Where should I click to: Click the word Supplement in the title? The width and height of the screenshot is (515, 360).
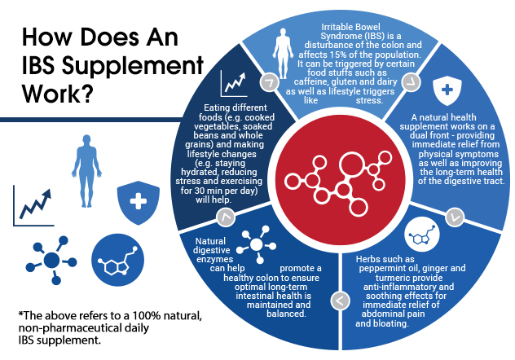[x=133, y=66]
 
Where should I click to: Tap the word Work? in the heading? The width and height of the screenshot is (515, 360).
[x=56, y=94]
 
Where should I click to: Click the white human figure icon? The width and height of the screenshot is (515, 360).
[x=283, y=53]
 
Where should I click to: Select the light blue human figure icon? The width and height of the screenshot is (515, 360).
[x=86, y=171]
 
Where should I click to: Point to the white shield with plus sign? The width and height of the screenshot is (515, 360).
[x=447, y=90]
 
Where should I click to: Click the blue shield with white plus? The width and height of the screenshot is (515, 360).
[x=139, y=202]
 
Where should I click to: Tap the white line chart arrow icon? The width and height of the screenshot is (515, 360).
[x=234, y=84]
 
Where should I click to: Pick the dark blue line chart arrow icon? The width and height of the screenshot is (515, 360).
[x=33, y=206]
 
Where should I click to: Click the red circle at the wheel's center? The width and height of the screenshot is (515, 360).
[x=341, y=180]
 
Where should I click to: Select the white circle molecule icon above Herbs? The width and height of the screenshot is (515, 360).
[x=422, y=234]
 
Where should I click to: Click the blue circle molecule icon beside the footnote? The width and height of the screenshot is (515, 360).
[x=117, y=260]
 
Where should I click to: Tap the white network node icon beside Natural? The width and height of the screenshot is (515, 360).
[x=257, y=244]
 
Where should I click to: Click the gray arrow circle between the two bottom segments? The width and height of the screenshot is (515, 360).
[x=340, y=300]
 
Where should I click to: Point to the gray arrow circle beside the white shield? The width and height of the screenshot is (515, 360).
[x=412, y=82]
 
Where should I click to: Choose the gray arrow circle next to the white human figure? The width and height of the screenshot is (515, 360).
[x=270, y=81]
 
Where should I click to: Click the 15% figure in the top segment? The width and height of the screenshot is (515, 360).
[x=341, y=54]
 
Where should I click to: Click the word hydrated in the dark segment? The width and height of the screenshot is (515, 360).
[x=199, y=172]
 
